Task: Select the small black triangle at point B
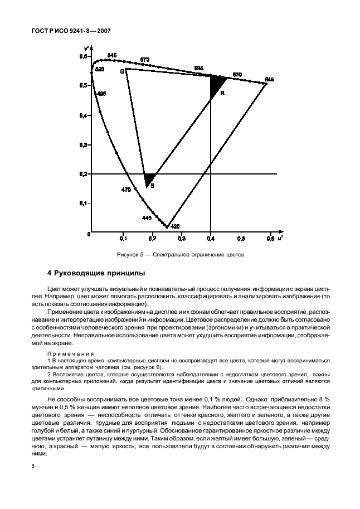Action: point(149,180)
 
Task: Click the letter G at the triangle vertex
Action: point(122,71)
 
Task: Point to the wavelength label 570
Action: point(145,60)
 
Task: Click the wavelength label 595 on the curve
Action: point(198,68)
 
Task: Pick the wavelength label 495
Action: point(101,94)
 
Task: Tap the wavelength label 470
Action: point(126,190)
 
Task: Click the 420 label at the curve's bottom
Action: point(175,227)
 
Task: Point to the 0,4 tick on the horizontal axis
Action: point(210,238)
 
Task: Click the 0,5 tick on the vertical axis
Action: point(83,85)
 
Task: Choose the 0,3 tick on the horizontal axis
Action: point(181,238)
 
